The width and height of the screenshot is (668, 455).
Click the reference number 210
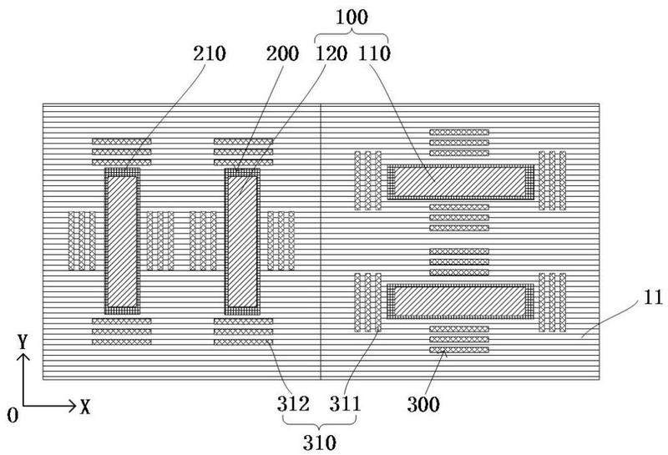pos(210,54)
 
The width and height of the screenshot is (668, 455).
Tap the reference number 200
pos(282,54)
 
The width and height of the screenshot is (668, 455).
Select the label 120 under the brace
pos(331,54)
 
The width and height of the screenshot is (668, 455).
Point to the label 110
pos(374,54)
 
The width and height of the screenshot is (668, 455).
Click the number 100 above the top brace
pos(352,17)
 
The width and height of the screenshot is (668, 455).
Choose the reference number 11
pos(653,297)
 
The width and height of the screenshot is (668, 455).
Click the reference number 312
pos(293,403)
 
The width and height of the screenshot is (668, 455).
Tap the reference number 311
pos(345,403)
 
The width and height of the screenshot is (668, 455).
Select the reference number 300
pos(423,404)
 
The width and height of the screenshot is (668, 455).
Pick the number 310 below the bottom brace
pos(320,443)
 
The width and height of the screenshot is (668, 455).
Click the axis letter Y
pos(23,341)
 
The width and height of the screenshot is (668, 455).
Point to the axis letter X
pos(86,407)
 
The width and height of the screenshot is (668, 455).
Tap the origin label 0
pos(13,415)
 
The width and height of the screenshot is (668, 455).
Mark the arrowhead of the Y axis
pos(23,358)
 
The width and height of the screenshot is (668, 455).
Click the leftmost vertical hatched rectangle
pos(122,241)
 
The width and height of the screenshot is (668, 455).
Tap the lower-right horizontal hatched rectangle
pos(460,301)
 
